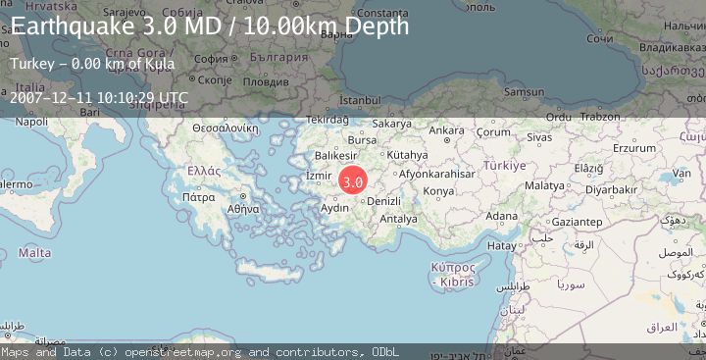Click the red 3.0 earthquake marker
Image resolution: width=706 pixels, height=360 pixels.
[353, 181]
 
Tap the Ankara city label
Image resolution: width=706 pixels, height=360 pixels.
[446, 130]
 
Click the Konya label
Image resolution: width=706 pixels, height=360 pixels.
[438, 190]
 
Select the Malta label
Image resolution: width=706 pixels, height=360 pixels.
[34, 253]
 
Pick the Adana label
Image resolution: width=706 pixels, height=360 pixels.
[502, 216]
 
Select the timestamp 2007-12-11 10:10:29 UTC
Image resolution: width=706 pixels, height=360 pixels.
[99, 97]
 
